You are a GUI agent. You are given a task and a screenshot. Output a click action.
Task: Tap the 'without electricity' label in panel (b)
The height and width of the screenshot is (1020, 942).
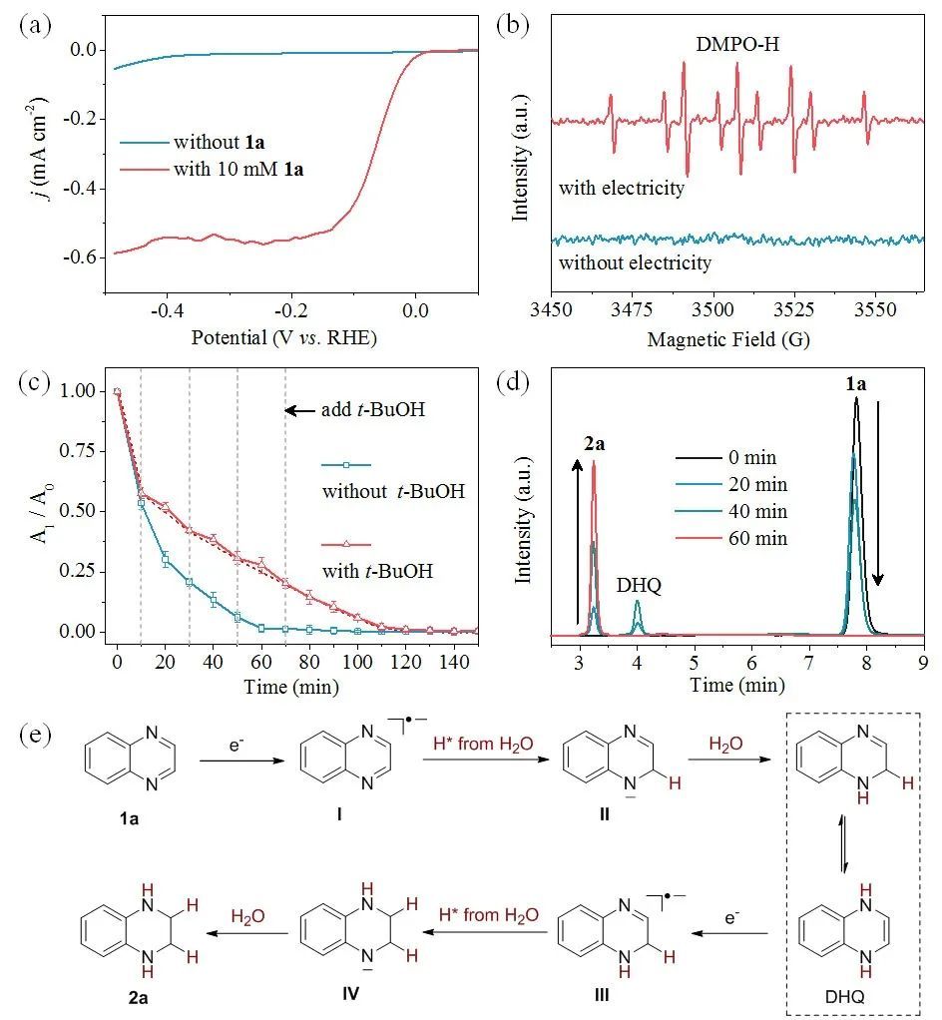pos(635,263)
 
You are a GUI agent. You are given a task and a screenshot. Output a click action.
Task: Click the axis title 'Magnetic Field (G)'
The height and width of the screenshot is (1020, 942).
pos(728,339)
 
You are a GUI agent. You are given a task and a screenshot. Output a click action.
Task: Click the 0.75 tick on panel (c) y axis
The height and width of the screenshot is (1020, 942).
pos(84,452)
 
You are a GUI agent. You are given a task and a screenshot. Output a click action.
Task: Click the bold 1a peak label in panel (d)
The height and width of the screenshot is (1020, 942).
pos(855,383)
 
